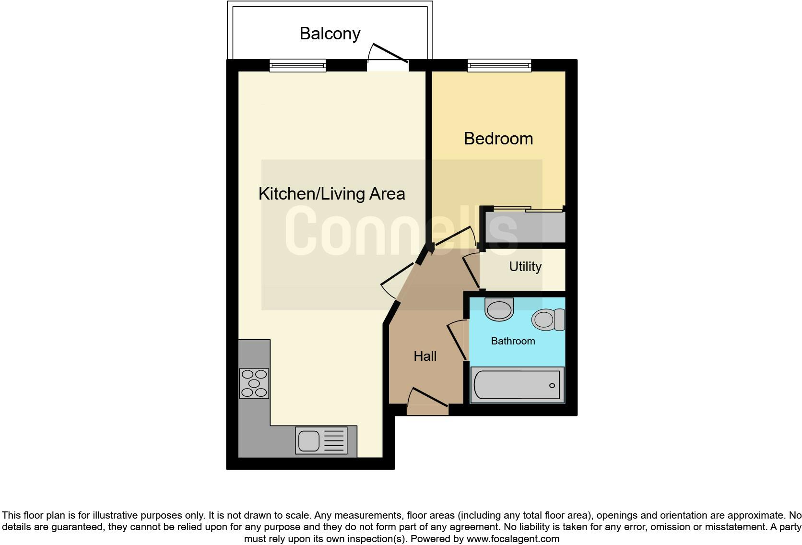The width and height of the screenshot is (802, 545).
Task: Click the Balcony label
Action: point(330,34)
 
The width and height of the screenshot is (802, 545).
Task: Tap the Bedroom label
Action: point(498,139)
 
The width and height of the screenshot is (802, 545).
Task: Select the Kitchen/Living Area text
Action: point(331,194)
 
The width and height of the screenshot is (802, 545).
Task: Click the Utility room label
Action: point(525,267)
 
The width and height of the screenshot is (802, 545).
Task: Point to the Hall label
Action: point(425,356)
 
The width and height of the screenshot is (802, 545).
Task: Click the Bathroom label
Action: point(513,341)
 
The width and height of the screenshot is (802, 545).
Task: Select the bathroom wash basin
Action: point(499,309)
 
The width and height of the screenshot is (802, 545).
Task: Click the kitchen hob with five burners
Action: point(254,383)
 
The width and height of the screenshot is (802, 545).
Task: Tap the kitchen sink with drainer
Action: point(321,440)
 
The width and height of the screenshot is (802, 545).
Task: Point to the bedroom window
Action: point(499,66)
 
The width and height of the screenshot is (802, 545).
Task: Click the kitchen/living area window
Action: point(297,66)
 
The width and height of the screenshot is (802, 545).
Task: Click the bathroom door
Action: point(457,342)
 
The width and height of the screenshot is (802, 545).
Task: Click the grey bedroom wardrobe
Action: point(525,227)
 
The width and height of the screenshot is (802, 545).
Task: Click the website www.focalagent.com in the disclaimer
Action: point(512,539)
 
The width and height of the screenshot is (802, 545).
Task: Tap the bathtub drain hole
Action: point(552,386)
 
